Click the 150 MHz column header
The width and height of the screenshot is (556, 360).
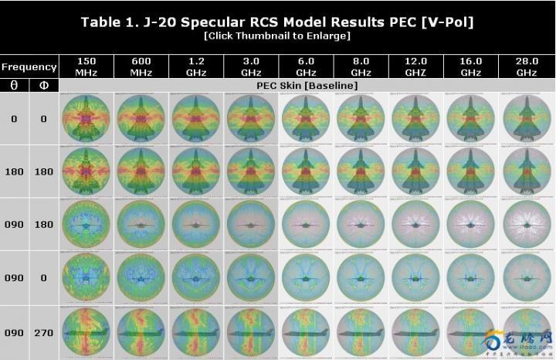coord(86,66)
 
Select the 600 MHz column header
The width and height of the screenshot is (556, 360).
coord(141,66)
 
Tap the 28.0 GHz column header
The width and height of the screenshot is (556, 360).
coord(526,66)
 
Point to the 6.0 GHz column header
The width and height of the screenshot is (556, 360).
coord(307,66)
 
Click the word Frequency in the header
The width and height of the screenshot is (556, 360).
coord(29,66)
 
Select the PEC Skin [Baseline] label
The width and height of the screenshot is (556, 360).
coord(307,85)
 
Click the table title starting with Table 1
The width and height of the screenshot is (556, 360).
coord(277,21)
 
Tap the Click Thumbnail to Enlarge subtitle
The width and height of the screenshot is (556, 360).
coord(277,36)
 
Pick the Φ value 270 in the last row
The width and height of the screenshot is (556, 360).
coord(44,333)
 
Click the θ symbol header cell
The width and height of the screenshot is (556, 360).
coord(14,85)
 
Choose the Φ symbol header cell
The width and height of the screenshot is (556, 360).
coord(44,85)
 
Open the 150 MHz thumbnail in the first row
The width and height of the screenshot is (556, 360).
coord(86,119)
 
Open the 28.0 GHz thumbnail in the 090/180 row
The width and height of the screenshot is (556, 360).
coord(526,224)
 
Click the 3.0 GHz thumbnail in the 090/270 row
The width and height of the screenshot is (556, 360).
coord(251,333)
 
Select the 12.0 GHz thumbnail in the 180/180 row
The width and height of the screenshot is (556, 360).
coord(416,172)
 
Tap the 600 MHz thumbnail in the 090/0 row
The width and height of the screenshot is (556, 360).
coord(141,277)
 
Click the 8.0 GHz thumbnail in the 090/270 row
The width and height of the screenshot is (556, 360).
coord(361,333)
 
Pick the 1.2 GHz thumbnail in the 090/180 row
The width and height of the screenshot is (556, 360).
coord(196,224)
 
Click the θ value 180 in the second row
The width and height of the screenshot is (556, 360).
coord(14,172)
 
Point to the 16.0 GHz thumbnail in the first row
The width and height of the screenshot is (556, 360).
coord(471,119)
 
